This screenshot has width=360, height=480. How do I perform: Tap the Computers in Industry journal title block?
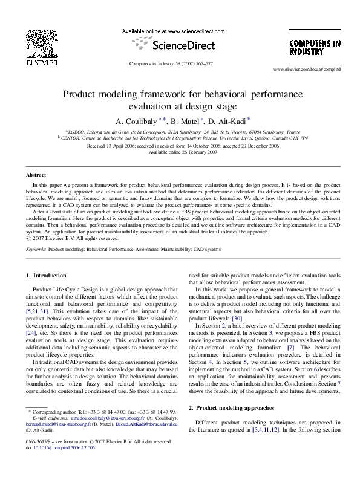[x=314, y=48]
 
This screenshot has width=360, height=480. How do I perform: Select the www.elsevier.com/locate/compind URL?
[x=307, y=70]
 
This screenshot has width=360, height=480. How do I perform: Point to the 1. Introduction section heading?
[x=46, y=276]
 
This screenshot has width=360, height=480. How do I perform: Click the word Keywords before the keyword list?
[x=36, y=248]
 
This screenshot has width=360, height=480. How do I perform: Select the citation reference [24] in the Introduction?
[x=31, y=332]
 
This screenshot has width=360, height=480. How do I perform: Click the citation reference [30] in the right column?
[x=237, y=318]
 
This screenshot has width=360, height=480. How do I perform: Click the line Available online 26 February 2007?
[x=183, y=152]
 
